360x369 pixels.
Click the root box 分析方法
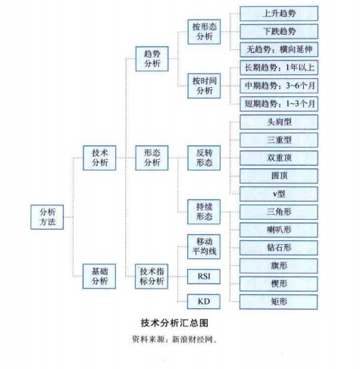[47, 217]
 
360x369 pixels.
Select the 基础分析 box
[99, 277]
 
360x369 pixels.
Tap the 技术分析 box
[99, 158]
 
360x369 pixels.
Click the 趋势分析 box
[152, 59]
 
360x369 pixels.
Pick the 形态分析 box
[152, 158]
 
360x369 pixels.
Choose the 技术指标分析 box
[152, 277]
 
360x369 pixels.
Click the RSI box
[204, 277]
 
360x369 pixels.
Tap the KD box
[204, 302]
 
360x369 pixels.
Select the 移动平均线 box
[204, 246]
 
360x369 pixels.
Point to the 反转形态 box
[204, 158]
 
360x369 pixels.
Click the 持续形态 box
[204, 211]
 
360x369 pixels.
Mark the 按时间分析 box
[204, 86]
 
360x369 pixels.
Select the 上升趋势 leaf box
[279, 14]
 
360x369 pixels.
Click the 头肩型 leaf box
[279, 122]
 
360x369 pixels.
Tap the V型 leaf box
[279, 194]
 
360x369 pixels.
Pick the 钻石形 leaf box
[279, 248]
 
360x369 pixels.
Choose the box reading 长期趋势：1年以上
[279, 67]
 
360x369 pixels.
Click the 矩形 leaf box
[279, 302]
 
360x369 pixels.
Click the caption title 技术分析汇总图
[174, 323]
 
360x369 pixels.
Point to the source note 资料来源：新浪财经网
[174, 339]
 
